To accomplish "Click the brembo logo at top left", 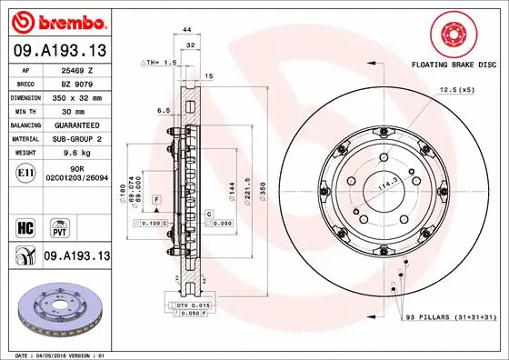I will [x=58, y=20].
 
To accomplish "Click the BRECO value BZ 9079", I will [x=78, y=82].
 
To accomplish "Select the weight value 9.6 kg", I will [x=77, y=154].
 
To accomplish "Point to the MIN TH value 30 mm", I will [x=78, y=110].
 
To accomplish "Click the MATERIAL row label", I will [x=25, y=139].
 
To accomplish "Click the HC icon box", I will [x=26, y=224].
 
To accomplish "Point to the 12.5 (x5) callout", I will [x=455, y=90].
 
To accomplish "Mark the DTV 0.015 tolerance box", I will [x=193, y=304].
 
